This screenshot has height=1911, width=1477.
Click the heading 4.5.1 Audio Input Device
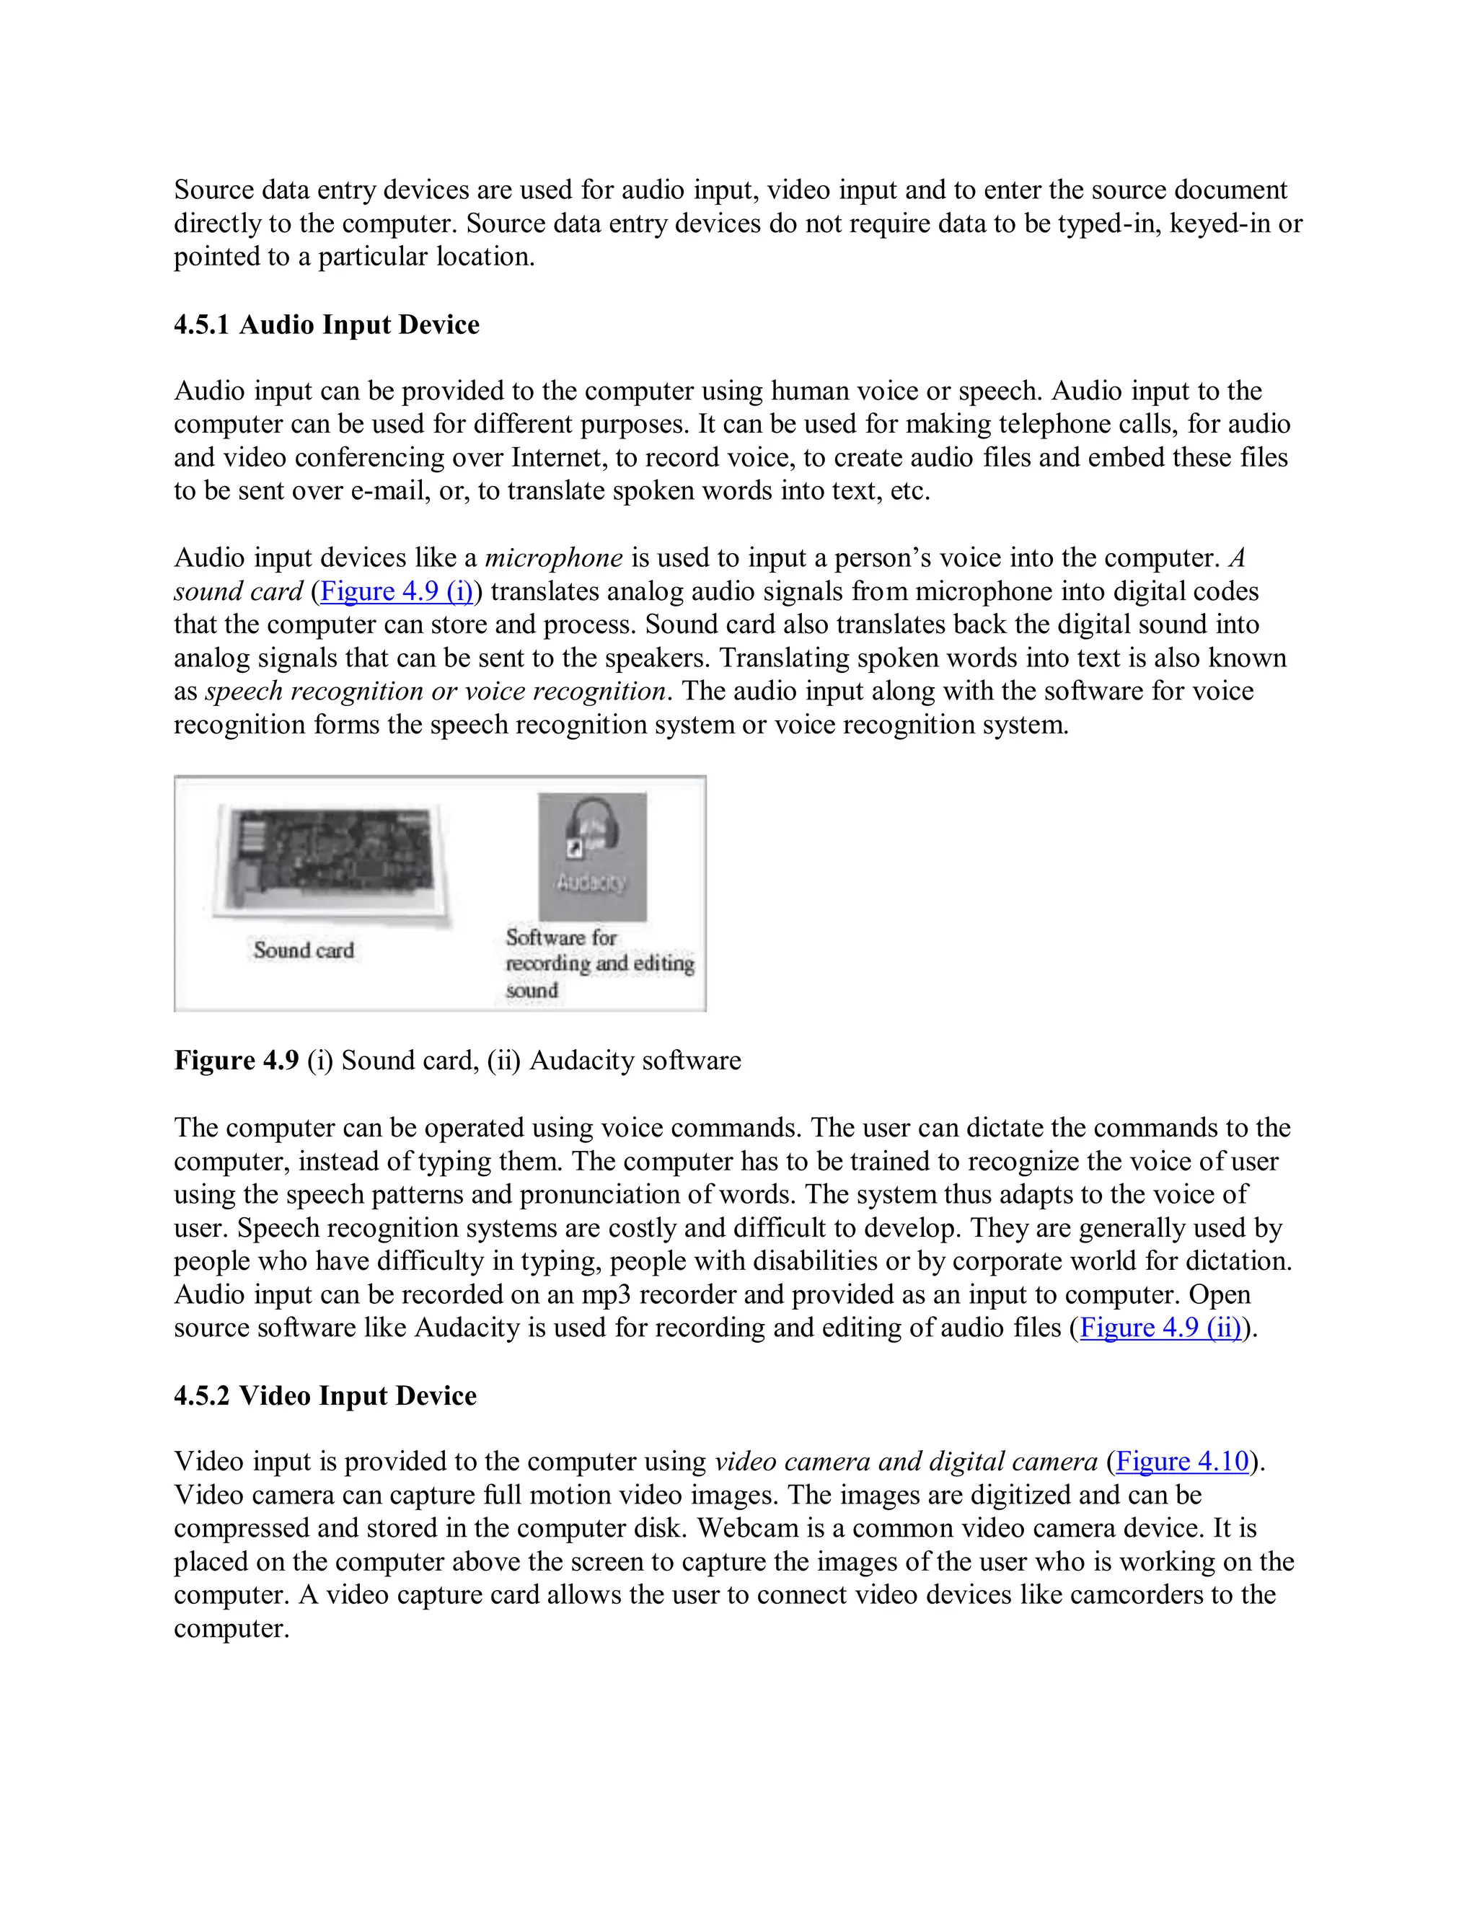(x=327, y=325)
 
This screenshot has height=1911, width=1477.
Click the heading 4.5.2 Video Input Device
(x=325, y=1395)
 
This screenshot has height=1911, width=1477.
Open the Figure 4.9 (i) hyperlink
(x=397, y=591)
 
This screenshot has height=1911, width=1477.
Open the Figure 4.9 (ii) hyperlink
(x=1160, y=1328)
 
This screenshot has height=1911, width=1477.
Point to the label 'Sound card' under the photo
(x=304, y=950)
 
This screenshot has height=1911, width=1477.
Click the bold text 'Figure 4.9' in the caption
(x=237, y=1061)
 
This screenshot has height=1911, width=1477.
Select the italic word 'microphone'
(x=554, y=558)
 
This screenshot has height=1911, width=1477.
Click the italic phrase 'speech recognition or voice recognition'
(x=436, y=692)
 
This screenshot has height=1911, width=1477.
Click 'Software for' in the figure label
(x=561, y=937)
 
